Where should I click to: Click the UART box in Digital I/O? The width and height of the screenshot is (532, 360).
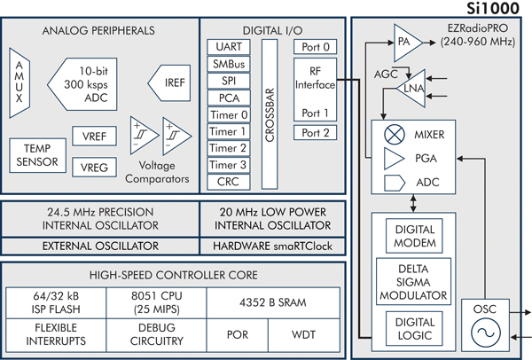(x=223, y=46)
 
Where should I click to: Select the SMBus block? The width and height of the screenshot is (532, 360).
(x=223, y=63)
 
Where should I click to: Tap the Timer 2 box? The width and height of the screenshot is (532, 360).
(x=223, y=148)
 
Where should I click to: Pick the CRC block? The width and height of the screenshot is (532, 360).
(x=223, y=182)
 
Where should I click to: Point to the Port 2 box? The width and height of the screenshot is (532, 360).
(x=315, y=133)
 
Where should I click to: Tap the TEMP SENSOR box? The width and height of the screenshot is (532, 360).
(x=36, y=155)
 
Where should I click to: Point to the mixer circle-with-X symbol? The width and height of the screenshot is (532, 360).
(x=388, y=137)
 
